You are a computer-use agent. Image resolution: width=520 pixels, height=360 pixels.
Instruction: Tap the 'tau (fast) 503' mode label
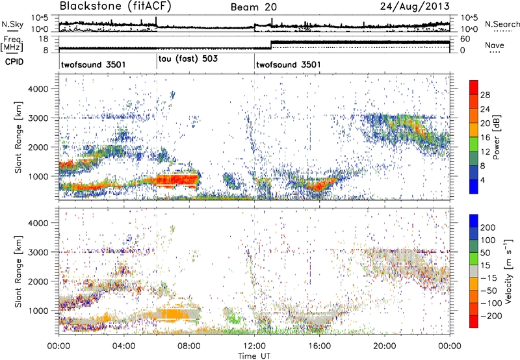point(188,58)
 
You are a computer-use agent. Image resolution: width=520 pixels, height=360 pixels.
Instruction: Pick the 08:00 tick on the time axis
point(189,344)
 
